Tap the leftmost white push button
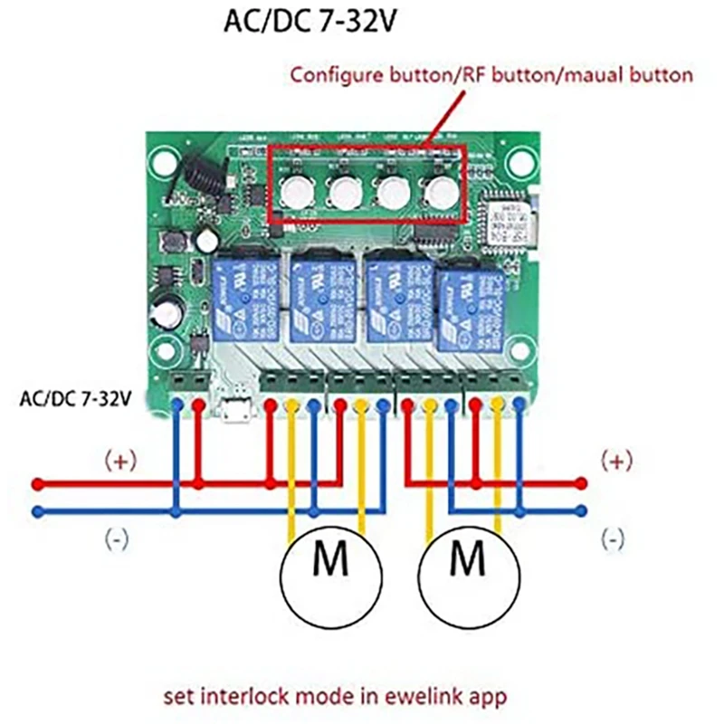(x=295, y=190)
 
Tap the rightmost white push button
(x=441, y=190)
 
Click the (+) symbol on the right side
(x=617, y=461)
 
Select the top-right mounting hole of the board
(x=521, y=163)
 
